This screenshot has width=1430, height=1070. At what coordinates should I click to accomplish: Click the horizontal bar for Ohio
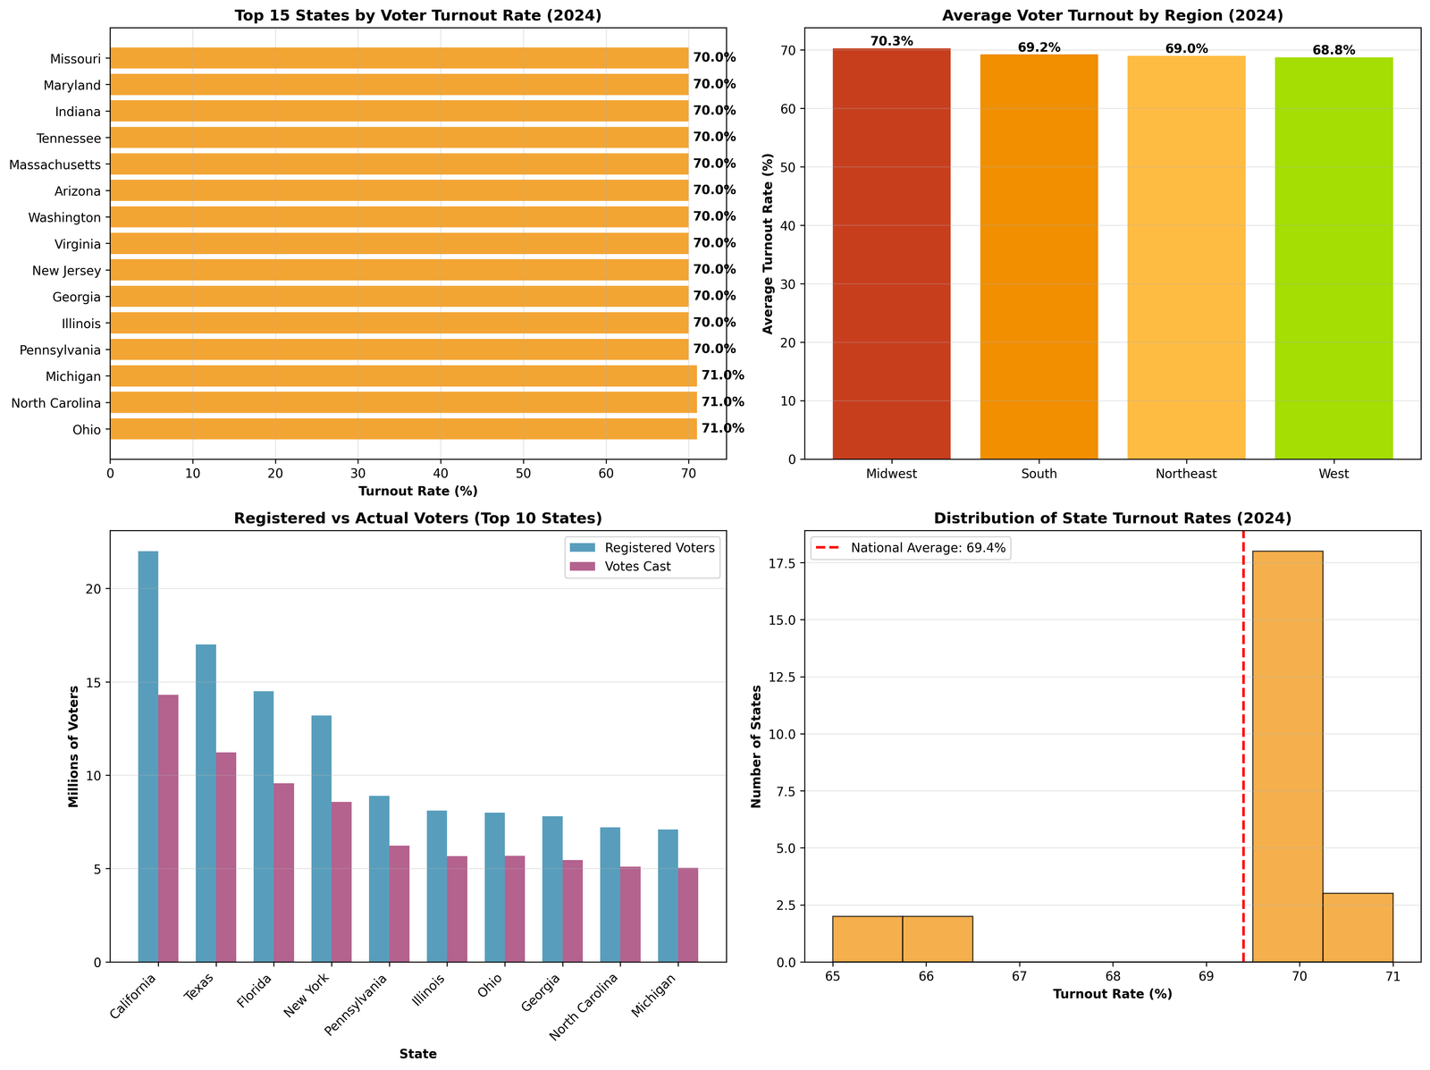tap(402, 429)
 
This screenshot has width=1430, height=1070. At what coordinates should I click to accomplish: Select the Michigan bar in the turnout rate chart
tap(402, 376)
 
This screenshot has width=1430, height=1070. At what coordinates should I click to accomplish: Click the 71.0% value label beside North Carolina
tap(722, 402)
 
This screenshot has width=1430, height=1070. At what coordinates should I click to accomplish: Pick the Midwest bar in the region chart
tap(891, 254)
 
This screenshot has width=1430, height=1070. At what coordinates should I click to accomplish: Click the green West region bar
tap(1333, 258)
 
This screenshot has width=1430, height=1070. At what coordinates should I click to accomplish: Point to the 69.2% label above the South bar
tap(1039, 47)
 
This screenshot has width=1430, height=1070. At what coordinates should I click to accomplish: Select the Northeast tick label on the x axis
tap(1186, 474)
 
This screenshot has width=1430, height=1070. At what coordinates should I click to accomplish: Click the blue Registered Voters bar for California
tap(148, 756)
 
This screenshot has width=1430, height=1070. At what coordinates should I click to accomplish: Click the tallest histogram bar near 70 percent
tap(1287, 756)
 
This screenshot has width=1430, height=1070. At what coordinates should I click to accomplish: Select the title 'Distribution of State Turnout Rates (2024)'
tap(1113, 518)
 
